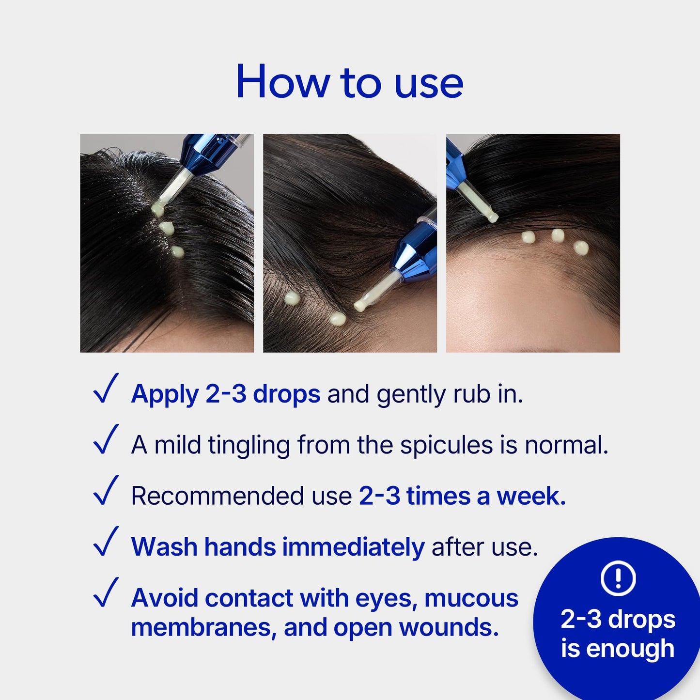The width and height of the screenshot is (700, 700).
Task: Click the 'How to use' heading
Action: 349,82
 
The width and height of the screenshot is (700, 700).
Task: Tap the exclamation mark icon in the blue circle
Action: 618,577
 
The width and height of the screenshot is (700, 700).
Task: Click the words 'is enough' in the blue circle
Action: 618,649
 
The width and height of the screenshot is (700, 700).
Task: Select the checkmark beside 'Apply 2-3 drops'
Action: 106,388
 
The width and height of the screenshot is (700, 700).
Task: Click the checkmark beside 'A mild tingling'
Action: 106,439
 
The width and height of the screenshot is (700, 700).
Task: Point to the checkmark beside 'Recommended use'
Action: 106,490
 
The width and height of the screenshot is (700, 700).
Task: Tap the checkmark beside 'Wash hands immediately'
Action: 106,541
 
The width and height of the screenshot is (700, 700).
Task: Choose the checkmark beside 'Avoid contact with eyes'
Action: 106,592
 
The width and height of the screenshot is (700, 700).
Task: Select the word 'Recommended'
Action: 217,496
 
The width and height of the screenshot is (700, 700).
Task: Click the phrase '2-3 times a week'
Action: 463,496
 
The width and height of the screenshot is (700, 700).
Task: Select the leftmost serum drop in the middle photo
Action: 291,298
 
